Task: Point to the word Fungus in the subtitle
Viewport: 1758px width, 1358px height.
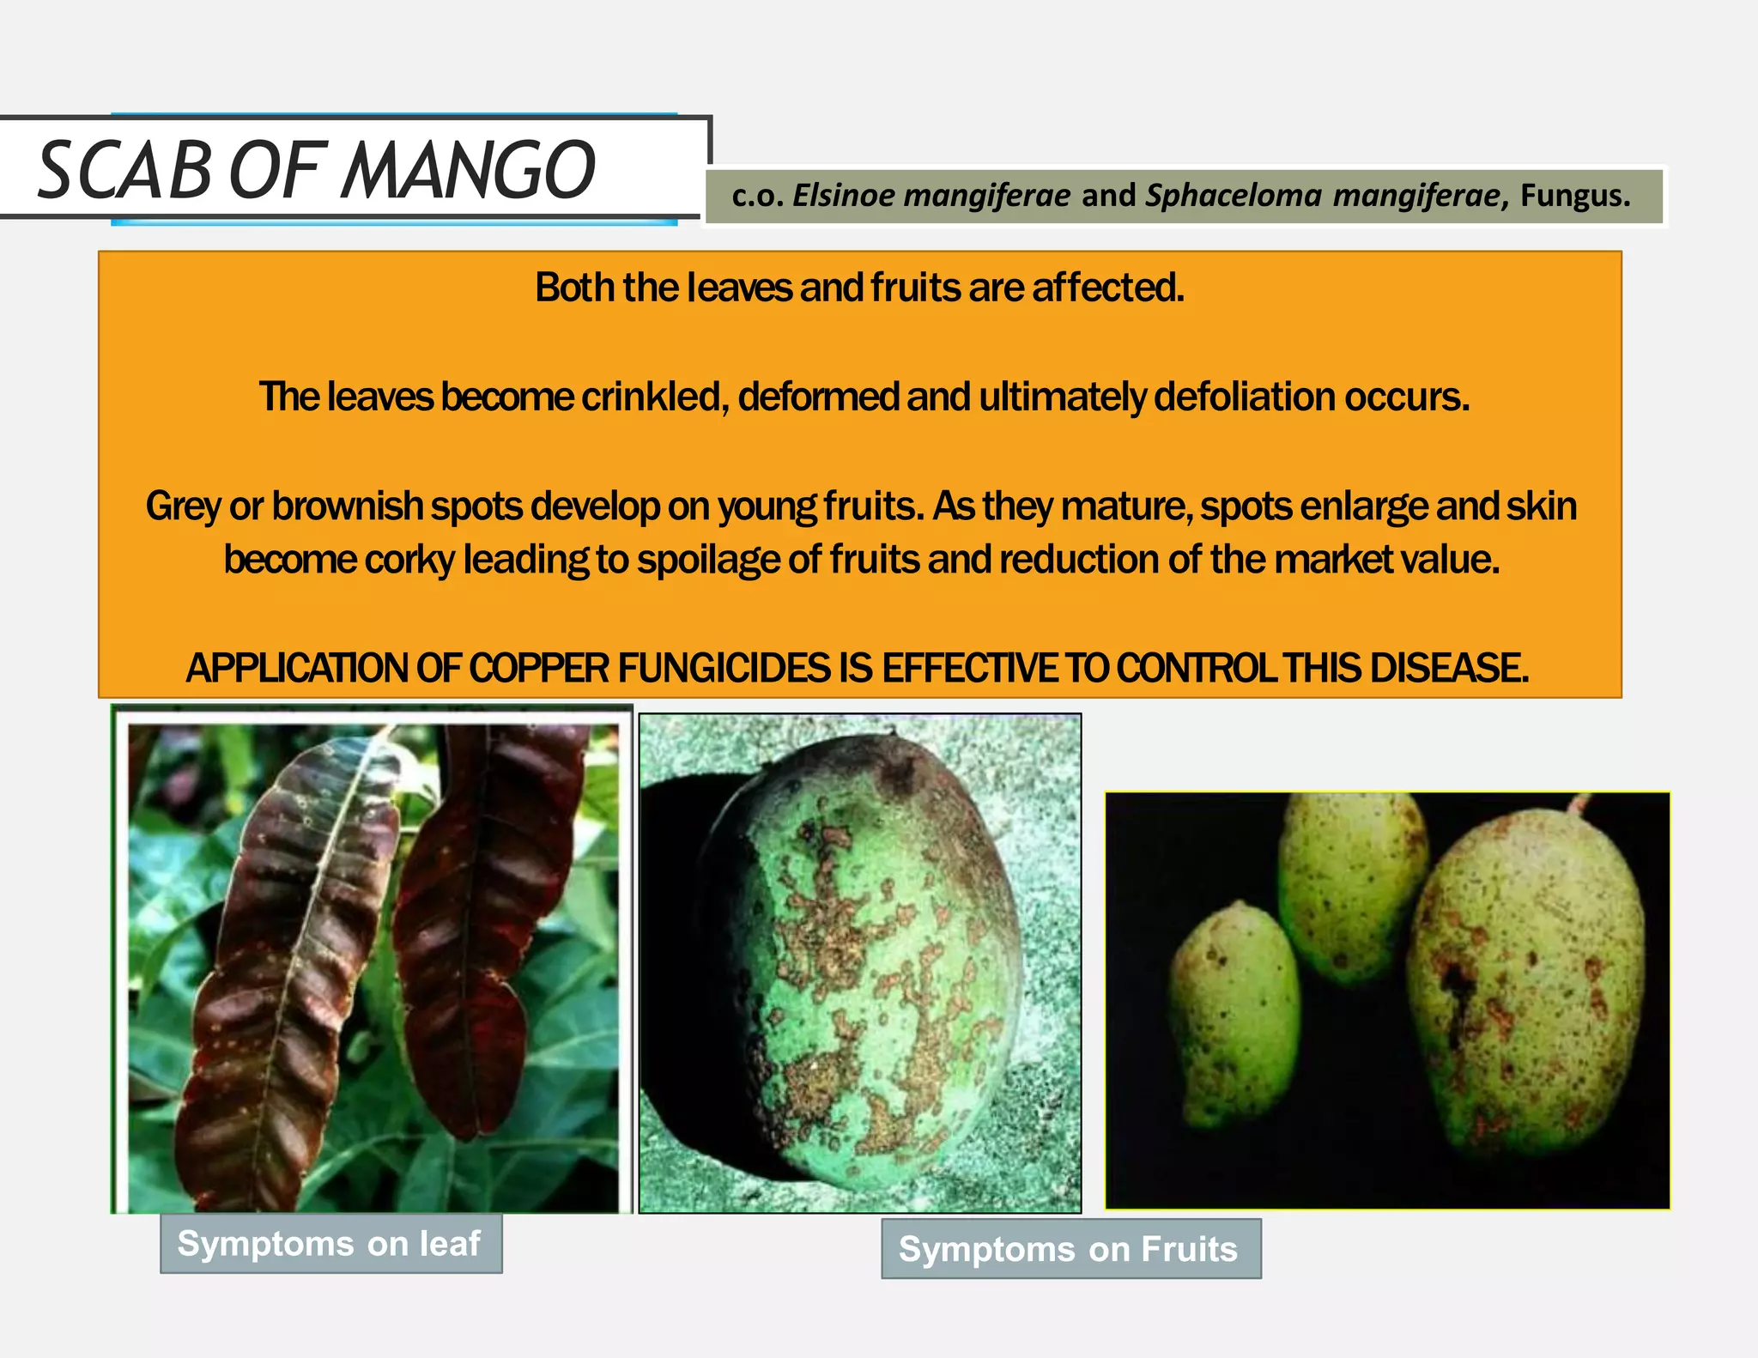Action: pos(1573,196)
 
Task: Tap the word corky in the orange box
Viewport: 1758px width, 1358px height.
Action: pos(409,560)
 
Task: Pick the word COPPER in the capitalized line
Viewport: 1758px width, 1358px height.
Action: pos(539,668)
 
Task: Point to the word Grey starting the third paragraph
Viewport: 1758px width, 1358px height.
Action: pos(183,506)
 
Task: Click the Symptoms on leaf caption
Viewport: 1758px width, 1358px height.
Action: pos(330,1244)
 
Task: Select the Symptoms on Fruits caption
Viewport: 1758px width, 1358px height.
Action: pos(1070,1249)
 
